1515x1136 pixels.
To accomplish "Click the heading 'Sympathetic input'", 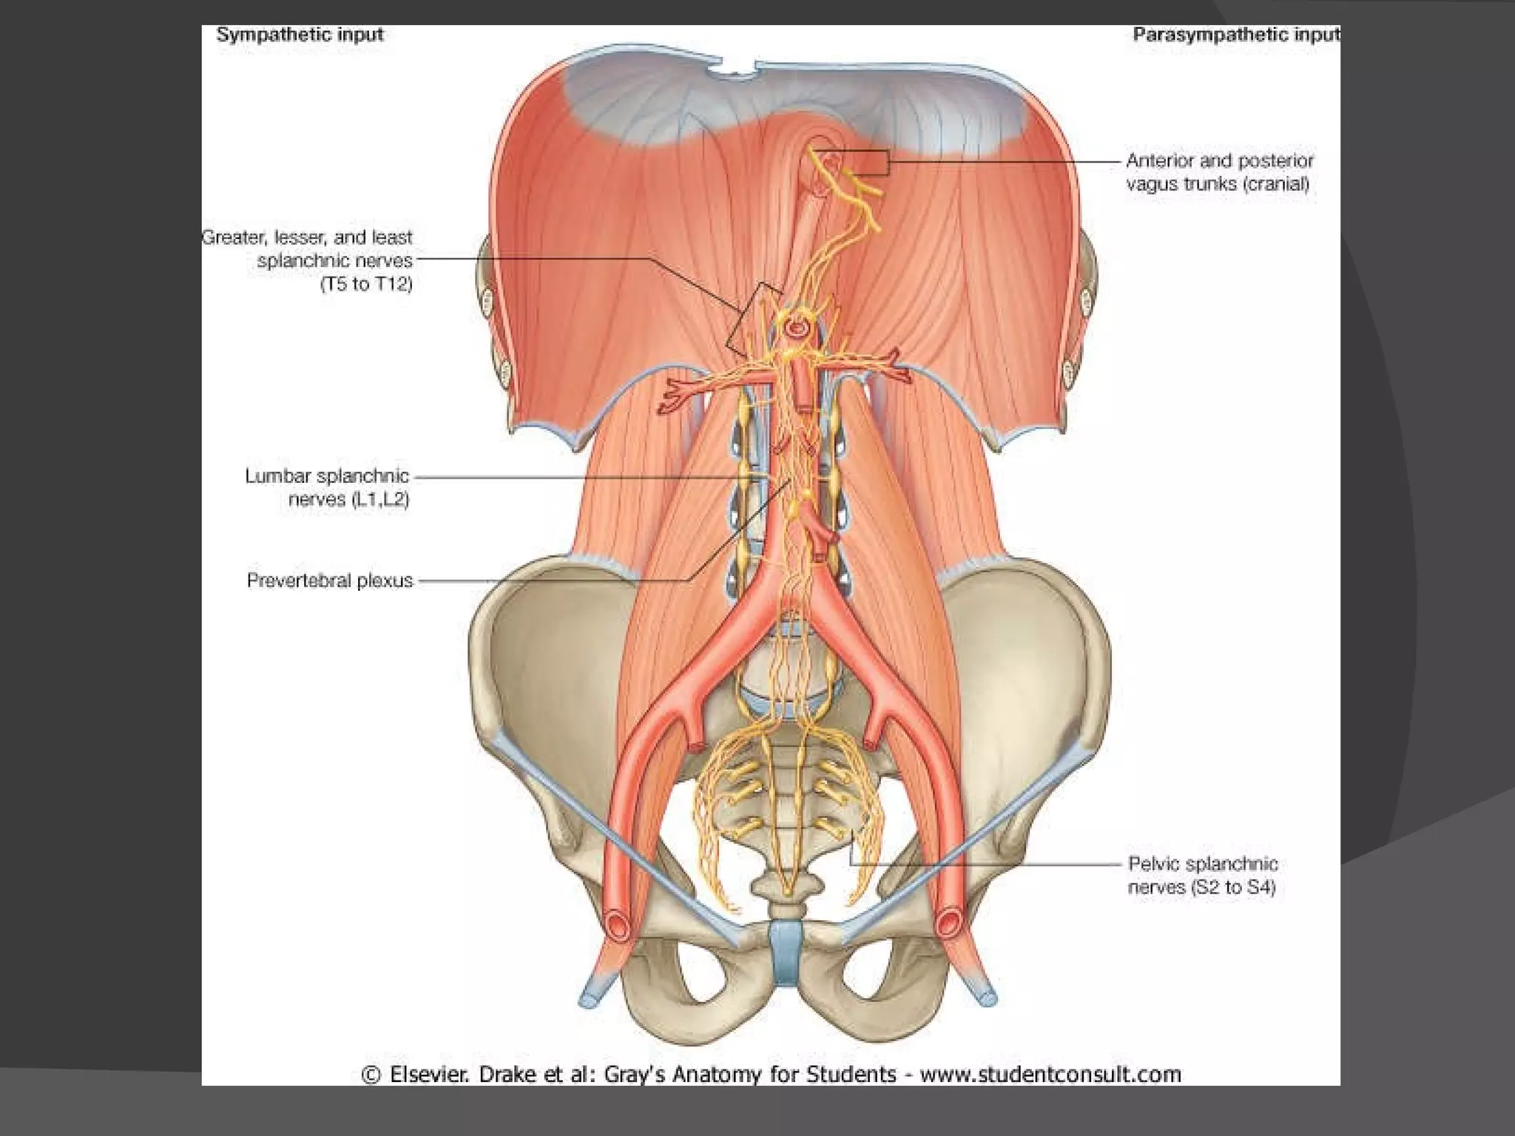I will coord(300,35).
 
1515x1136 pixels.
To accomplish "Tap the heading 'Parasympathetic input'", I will coord(1235,35).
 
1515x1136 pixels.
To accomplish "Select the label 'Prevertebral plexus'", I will coord(330,581).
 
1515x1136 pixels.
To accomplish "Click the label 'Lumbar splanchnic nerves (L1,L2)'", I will coord(327,487).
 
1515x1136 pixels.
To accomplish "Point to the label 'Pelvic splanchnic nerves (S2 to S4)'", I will coord(1202,875).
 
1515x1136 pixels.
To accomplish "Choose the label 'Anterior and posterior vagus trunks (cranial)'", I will coord(1219,172).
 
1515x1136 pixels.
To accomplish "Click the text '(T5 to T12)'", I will coord(366,284).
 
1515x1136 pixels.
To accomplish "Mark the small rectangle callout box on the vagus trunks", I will coord(863,162).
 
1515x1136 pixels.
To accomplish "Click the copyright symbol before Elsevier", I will coord(371,1074).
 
